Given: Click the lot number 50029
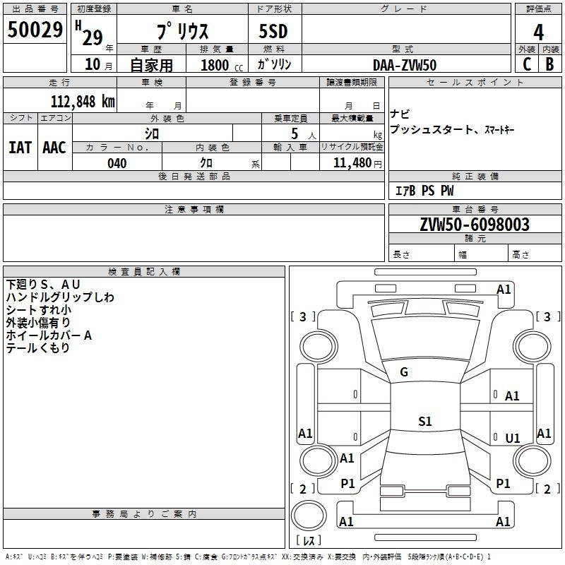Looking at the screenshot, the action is point(35,30).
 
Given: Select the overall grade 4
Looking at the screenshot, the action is point(538,32).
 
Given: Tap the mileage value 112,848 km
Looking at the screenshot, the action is point(83,102).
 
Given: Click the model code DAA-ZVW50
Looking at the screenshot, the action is point(405,65).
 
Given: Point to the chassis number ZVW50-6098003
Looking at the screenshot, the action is point(475,224).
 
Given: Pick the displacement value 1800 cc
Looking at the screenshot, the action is point(222,66).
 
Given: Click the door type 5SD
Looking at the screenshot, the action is point(273,31).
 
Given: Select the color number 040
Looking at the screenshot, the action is point(117,163).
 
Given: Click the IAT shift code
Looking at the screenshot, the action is point(20,148).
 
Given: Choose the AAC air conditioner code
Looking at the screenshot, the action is point(54,148).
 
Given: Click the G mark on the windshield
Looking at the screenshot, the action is point(404,372).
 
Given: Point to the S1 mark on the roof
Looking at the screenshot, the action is point(425,421).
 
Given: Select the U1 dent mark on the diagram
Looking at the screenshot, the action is point(513,438).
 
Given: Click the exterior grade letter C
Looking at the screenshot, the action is point(527,64).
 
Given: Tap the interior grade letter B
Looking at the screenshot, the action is point(549,64).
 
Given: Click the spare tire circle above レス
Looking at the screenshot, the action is point(309,515).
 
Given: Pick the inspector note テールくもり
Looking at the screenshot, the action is point(38,347).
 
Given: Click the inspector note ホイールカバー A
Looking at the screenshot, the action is point(49,335).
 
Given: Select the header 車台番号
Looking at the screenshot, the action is point(475,209).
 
